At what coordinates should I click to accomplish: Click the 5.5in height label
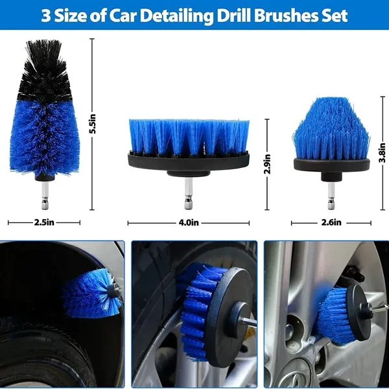point(93,124)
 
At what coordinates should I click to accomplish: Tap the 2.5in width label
point(44,222)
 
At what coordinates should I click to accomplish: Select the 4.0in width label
point(189,222)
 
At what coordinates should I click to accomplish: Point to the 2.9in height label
point(268,164)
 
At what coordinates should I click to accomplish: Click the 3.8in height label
point(383,152)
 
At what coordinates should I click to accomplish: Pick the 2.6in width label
point(331,222)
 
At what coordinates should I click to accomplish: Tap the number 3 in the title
point(45,16)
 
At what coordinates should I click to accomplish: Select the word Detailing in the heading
point(177,16)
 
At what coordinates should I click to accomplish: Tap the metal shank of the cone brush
point(45,196)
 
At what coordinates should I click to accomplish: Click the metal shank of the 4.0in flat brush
point(188,193)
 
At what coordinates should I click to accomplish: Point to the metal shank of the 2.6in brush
point(331,196)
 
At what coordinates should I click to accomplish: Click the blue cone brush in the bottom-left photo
point(91,293)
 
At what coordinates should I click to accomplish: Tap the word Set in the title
point(335,16)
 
